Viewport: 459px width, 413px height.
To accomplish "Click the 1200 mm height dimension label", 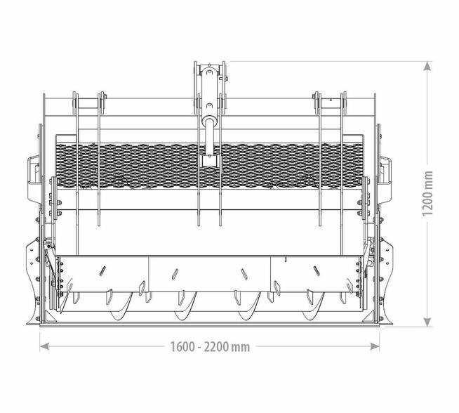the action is click(x=427, y=194).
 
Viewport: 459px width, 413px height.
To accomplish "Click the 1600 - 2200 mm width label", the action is click(x=210, y=347).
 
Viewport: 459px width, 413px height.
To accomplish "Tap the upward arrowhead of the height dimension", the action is click(x=427, y=66).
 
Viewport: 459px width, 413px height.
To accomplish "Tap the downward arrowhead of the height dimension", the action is click(x=427, y=322).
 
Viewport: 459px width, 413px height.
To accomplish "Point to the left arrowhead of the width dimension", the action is click(x=44, y=346).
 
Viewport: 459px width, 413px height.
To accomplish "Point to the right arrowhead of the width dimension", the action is click(x=375, y=346).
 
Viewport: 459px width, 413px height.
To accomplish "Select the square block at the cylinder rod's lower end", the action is click(x=210, y=161).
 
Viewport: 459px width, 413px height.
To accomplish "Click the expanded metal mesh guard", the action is click(x=209, y=166).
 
